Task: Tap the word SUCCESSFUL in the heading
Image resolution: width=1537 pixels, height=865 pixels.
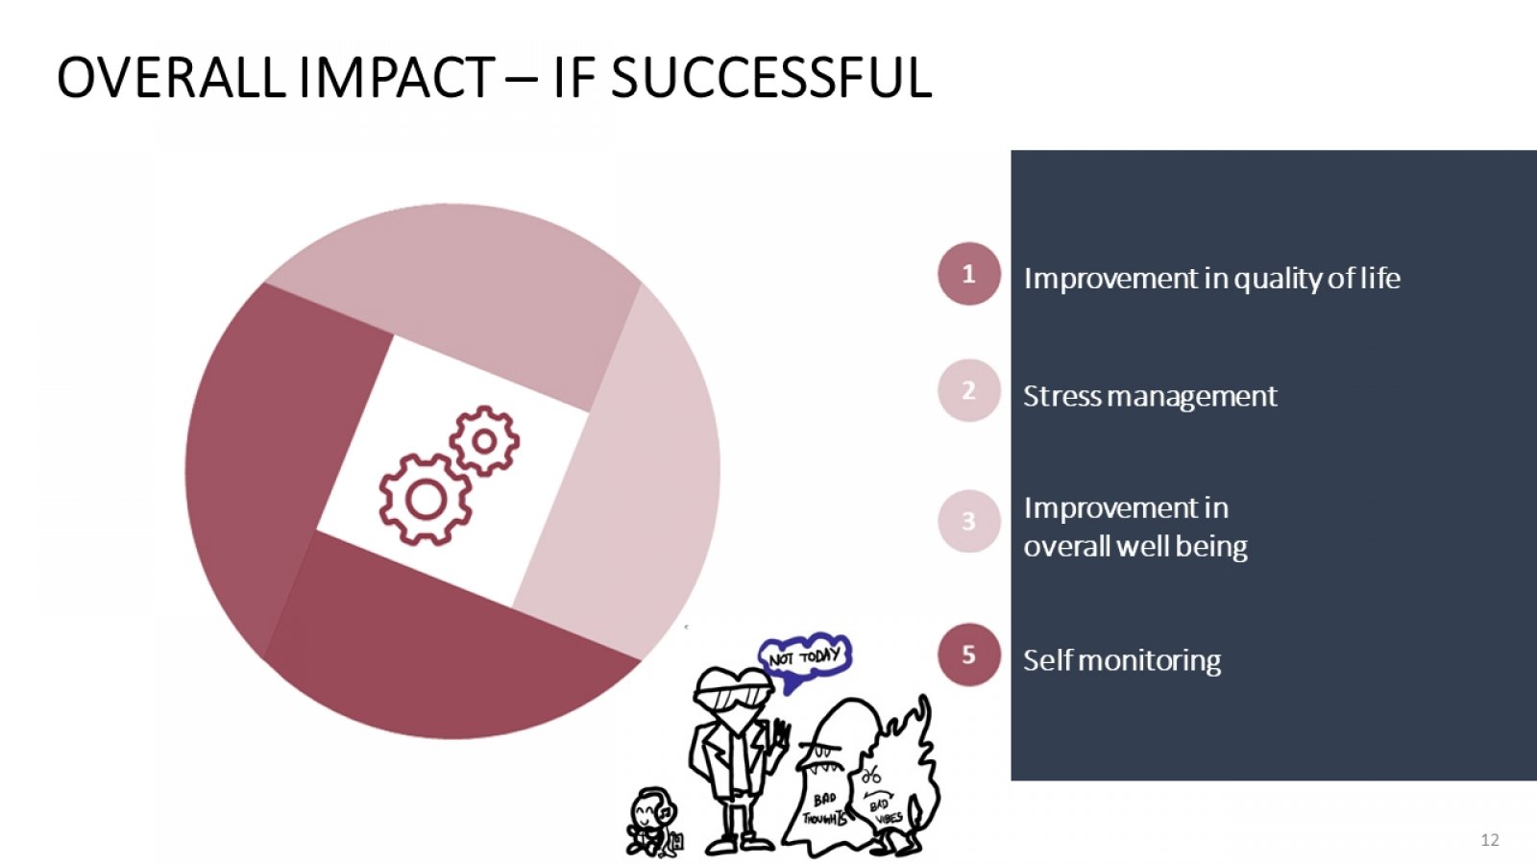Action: pos(770,78)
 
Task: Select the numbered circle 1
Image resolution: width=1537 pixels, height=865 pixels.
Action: pos(969,274)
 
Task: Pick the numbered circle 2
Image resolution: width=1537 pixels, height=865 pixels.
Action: pos(969,390)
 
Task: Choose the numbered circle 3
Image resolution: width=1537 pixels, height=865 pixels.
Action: pos(969,521)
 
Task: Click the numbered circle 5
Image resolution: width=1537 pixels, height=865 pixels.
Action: pos(969,655)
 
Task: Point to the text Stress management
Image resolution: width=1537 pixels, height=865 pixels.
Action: pos(1150,397)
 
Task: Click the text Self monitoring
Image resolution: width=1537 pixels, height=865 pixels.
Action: pos(1122,661)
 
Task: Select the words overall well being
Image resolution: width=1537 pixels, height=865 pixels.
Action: pos(1135,547)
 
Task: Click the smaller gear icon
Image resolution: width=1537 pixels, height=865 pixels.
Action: pos(484,441)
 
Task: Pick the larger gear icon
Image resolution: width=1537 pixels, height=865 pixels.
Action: pos(426,499)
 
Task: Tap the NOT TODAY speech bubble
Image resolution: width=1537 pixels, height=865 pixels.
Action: pos(805,658)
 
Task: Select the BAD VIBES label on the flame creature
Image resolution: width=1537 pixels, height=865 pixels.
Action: pos(885,811)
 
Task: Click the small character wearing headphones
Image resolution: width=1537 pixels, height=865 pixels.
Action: pos(652,822)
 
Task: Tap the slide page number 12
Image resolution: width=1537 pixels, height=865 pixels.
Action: pos(1490,840)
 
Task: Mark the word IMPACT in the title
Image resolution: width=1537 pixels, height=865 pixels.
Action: pos(397,78)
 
